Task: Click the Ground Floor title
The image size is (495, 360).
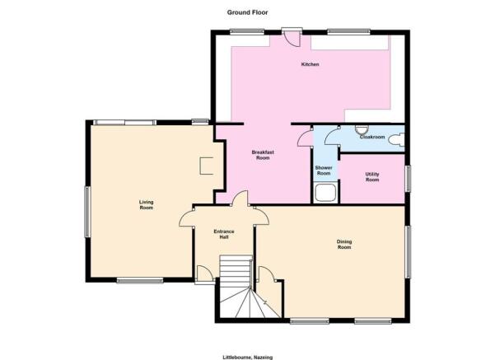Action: point(247,12)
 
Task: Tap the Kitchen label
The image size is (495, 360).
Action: point(310,64)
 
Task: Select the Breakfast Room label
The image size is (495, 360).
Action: point(263,155)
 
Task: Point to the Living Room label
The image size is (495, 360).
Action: point(147,204)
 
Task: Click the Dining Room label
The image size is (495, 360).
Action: point(344,245)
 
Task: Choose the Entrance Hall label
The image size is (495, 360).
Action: point(224,234)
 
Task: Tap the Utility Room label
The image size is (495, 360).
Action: point(372,177)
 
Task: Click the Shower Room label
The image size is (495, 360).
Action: point(324,171)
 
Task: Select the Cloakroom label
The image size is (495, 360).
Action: point(372,137)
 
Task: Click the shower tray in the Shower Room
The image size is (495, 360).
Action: point(325,192)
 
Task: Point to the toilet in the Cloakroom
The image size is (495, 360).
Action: point(396,139)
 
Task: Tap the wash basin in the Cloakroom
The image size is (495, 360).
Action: point(362,129)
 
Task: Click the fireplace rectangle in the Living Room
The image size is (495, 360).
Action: point(207,166)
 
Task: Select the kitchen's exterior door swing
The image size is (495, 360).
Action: point(292,38)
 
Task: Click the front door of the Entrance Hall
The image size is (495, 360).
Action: point(203,274)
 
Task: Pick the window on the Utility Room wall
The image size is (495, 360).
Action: point(408,179)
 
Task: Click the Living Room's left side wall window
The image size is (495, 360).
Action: point(87,212)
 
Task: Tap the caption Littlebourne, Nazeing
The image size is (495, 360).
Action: point(247,358)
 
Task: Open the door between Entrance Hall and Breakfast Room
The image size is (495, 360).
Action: point(240,198)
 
